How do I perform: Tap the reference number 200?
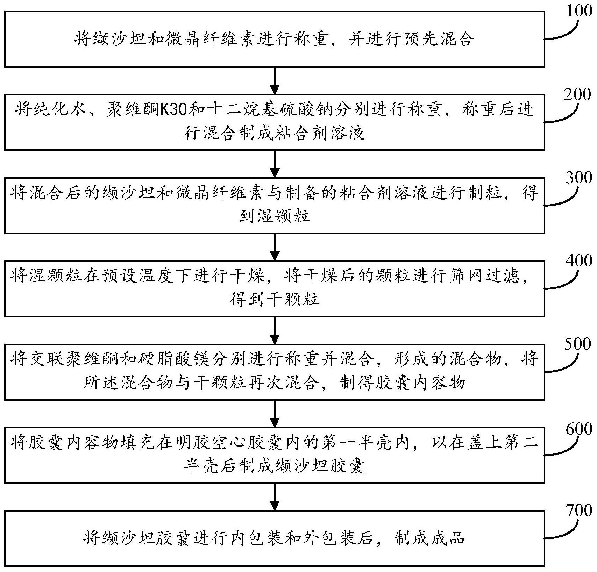(577, 94)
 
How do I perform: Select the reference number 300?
(578, 178)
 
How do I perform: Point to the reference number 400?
(578, 260)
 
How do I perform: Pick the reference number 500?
(578, 344)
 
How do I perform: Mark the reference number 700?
(578, 510)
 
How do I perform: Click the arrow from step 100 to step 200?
(275, 81)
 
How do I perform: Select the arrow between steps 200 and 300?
(275, 164)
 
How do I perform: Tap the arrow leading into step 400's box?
(275, 247)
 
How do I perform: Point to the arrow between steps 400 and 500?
(275, 330)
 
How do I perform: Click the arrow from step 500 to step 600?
(275, 414)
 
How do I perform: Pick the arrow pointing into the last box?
(275, 497)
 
